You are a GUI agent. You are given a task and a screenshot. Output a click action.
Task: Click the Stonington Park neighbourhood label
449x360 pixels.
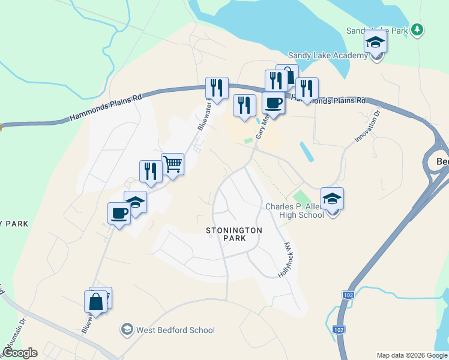coord(226,234)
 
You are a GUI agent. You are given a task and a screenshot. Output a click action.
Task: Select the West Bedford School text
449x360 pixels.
coord(175,330)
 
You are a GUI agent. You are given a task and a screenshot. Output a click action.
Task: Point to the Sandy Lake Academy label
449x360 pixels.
coord(328,56)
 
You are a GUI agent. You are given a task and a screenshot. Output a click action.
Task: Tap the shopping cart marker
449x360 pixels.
coord(172,164)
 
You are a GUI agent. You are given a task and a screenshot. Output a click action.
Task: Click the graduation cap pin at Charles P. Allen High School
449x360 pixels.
coord(333,198)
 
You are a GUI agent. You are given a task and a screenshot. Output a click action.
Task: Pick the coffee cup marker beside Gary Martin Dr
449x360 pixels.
coord(274,103)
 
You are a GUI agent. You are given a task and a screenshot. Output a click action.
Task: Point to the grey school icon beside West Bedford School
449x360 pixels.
coord(127,329)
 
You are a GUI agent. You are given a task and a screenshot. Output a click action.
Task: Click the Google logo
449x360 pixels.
coord(20,353)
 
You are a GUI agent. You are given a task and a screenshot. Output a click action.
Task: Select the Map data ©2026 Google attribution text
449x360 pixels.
coord(412,355)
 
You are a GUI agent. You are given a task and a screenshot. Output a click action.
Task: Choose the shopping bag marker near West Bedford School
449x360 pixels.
coord(96,301)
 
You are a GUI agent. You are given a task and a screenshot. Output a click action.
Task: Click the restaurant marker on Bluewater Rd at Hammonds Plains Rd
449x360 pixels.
coord(217,88)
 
